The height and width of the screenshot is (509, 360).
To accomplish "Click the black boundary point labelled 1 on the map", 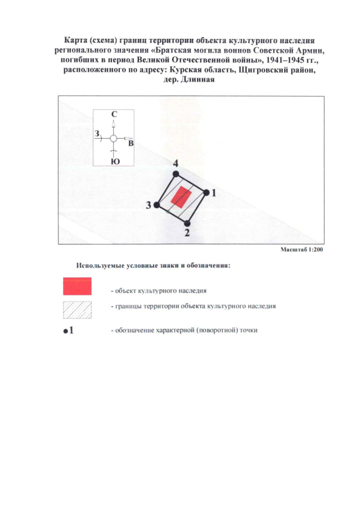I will (206, 192).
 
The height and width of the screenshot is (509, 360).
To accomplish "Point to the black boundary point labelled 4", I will (175, 173).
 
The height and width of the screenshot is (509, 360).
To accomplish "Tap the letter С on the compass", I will (114, 115).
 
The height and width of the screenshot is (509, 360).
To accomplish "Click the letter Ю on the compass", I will (115, 161).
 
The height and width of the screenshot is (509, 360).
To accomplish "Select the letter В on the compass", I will (131, 145).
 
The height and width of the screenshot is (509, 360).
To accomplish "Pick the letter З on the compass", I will (97, 133).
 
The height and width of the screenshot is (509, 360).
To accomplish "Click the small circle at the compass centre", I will (113, 138).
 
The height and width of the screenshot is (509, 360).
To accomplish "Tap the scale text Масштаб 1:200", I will (302, 249).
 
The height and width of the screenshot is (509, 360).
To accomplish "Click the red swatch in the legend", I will (77, 286).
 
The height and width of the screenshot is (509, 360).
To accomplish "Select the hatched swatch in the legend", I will (77, 309).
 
